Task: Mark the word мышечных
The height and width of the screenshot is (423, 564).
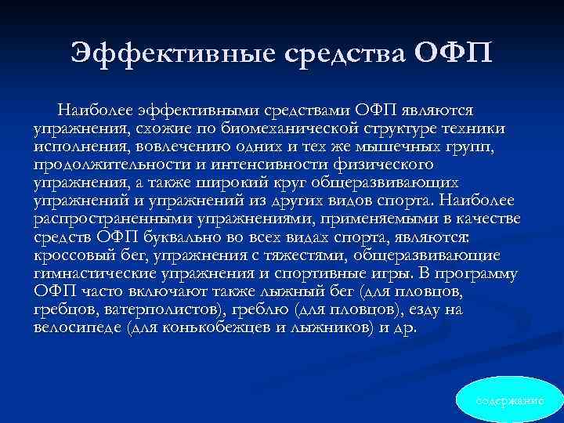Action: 399,146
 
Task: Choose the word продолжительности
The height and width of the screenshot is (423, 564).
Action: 99,164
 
